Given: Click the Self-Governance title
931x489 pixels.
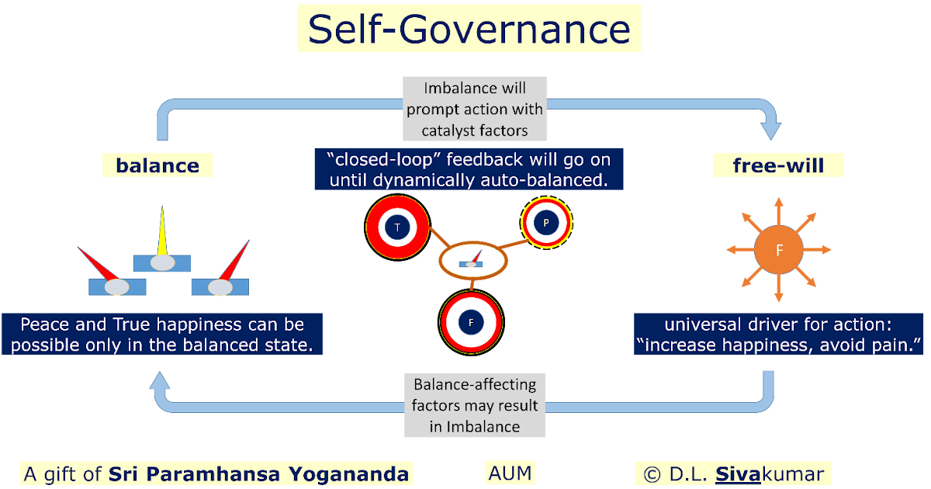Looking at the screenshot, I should point(469,29).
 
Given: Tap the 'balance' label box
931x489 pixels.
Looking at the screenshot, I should point(157,165).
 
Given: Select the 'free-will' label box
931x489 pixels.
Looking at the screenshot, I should point(778,165).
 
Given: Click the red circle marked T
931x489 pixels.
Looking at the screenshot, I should point(397,227).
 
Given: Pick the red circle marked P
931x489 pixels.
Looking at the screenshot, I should point(546,223).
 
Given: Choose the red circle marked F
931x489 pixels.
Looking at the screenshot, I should point(471,321).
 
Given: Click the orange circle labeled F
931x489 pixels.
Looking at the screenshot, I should point(779,250).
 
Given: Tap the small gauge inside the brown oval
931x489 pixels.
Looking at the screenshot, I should point(471,262).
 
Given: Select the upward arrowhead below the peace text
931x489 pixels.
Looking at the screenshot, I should point(160,381).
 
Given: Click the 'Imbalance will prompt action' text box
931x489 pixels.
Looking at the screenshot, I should point(475,108).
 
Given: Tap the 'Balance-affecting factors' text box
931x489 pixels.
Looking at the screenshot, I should point(475,405).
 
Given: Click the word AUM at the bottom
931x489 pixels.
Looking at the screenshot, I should point(510,473).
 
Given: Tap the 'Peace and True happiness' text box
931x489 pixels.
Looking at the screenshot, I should point(162,335).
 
